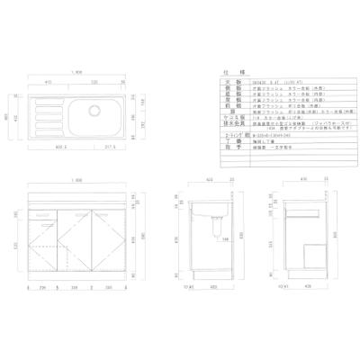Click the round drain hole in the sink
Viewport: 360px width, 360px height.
click(93, 112)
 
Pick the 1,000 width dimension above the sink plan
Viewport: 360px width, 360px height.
click(80, 74)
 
